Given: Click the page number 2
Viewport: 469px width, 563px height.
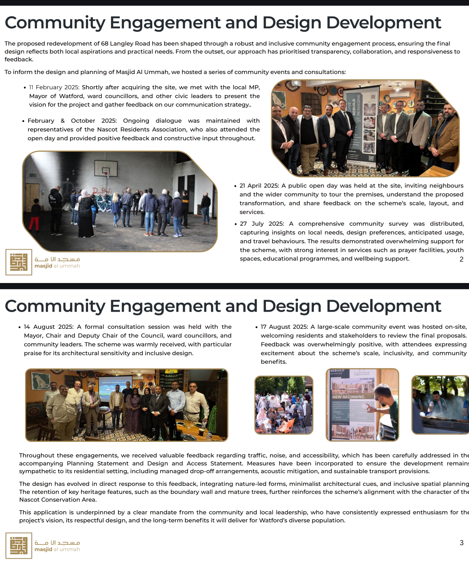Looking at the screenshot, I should pyautogui.click(x=461, y=259).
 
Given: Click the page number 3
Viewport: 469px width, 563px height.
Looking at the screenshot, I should pyautogui.click(x=461, y=543).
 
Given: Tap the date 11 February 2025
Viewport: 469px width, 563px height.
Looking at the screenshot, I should pyautogui.click(x=54, y=87).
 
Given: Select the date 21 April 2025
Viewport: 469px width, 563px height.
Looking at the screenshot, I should pyautogui.click(x=259, y=186).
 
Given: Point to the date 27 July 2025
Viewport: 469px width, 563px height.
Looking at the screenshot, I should pyautogui.click(x=262, y=224).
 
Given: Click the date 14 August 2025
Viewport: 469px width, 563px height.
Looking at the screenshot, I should pyautogui.click(x=48, y=327).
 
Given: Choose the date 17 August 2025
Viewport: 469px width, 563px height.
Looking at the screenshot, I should pyautogui.click(x=285, y=327).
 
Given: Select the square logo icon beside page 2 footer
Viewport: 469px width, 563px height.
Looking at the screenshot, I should pyautogui.click(x=19, y=262).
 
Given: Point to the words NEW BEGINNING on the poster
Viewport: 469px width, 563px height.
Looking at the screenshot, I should pyautogui.click(x=348, y=397).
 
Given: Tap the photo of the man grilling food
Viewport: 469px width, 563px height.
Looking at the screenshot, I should pyautogui.click(x=440, y=405).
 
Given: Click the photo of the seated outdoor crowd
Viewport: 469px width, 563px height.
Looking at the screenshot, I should pyautogui.click(x=283, y=405).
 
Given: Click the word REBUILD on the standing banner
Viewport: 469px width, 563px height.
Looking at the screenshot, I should pyautogui.click(x=354, y=107).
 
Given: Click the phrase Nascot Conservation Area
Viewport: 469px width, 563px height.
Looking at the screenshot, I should pyautogui.click(x=58, y=500).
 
